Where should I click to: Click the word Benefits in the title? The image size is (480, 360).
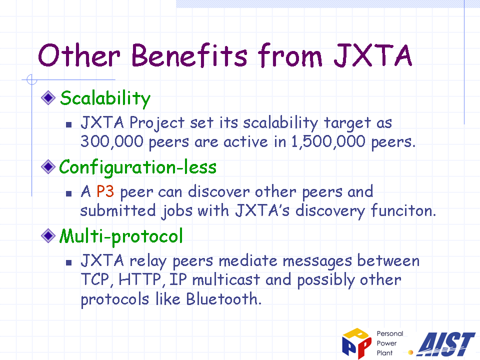pyautogui.click(x=189, y=55)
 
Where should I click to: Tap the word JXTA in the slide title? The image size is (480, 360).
pyautogui.click(x=373, y=55)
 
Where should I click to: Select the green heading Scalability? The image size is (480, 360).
pyautogui.click(x=105, y=98)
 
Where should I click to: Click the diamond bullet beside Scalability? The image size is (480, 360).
pyautogui.click(x=48, y=98)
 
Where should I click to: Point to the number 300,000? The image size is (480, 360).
pyautogui.click(x=112, y=142)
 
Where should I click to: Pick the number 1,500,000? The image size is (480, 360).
pyautogui.click(x=328, y=142)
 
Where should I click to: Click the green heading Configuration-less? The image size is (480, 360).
pyautogui.click(x=138, y=167)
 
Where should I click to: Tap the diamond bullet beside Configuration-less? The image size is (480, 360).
pyautogui.click(x=48, y=167)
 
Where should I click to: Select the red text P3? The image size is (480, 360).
pyautogui.click(x=105, y=191)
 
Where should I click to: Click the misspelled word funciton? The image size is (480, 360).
pyautogui.click(x=403, y=210)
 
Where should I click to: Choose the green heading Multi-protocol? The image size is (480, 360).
pyautogui.click(x=121, y=236)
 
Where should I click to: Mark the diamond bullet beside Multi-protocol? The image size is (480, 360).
pyautogui.click(x=48, y=235)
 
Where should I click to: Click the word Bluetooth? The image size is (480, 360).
pyautogui.click(x=224, y=299)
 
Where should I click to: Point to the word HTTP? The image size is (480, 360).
pyautogui.click(x=140, y=280)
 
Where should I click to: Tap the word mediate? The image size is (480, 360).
pyautogui.click(x=248, y=261)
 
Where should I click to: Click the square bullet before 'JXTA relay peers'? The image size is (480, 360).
pyautogui.click(x=69, y=262)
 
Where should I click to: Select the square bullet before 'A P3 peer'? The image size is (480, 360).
pyautogui.click(x=69, y=193)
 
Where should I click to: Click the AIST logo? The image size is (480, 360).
pyautogui.click(x=446, y=344)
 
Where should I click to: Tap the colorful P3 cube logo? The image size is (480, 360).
pyautogui.click(x=356, y=343)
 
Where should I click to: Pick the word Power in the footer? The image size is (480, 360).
pyautogui.click(x=386, y=343)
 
